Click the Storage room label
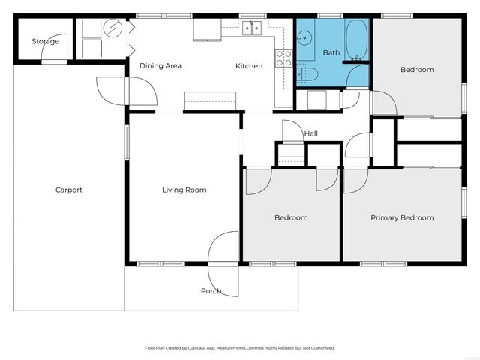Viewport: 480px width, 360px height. pos(45,41)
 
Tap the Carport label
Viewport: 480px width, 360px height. pos(69,190)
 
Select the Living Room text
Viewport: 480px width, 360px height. pos(184,190)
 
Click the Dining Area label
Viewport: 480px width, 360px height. pos(160,66)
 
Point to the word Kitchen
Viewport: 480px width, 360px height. pos(249,66)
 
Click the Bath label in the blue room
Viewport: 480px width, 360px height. pos(331,53)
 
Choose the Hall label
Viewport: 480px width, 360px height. pos(311,134)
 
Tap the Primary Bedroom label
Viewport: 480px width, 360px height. pos(402,217)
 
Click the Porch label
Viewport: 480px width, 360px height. pos(211,290)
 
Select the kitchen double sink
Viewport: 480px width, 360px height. pos(252,28)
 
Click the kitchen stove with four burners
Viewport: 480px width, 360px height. pos(284,58)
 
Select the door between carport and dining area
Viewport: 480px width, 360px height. pos(139,91)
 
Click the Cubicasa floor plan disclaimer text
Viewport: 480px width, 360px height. pos(240,348)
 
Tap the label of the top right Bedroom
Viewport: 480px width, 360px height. pos(417,70)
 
